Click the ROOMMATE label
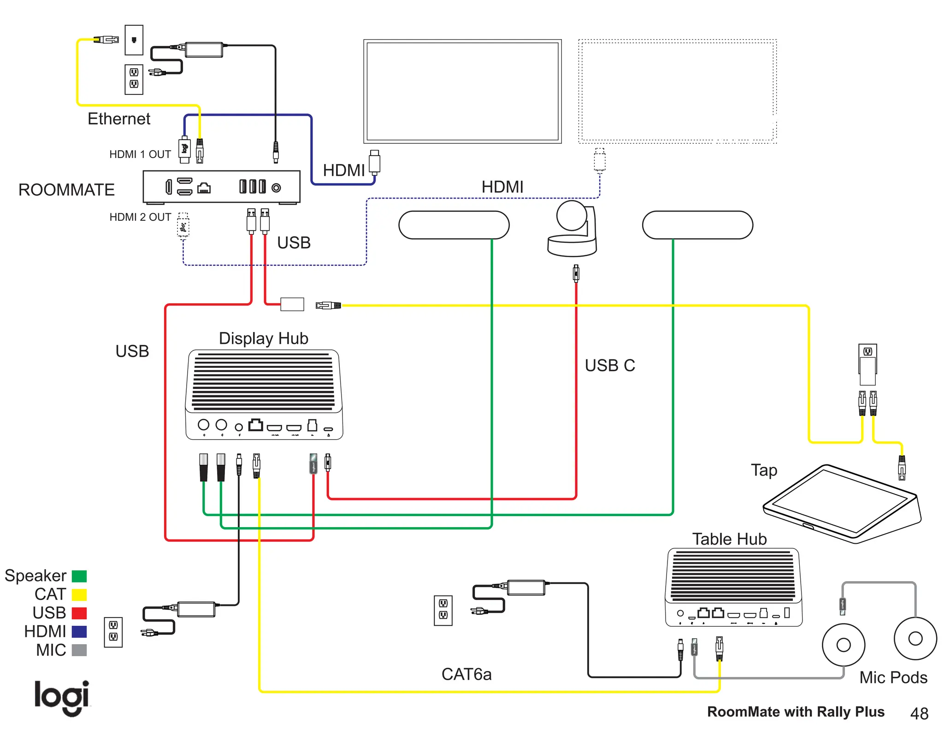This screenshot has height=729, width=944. click(66, 190)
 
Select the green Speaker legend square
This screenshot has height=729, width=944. click(79, 576)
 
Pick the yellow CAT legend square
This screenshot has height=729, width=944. click(79, 594)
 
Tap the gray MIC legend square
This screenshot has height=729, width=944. click(79, 650)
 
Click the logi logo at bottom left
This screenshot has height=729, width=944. click(62, 697)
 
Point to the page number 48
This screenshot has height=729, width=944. click(919, 713)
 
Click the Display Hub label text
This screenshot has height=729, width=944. click(263, 339)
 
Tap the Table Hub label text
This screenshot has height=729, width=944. click(729, 539)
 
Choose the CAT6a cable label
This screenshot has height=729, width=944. click(466, 674)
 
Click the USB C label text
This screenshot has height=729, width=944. click(609, 365)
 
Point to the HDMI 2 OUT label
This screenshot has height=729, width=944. click(140, 217)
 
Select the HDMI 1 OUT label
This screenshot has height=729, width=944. click(140, 154)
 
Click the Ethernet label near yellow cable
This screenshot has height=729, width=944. click(119, 119)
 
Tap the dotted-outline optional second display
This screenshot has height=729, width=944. click(677, 91)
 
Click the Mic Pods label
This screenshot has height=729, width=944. click(893, 677)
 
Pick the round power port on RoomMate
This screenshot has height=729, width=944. click(276, 188)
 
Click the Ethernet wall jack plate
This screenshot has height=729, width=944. click(134, 40)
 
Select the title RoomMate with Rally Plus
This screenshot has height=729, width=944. click(796, 712)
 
